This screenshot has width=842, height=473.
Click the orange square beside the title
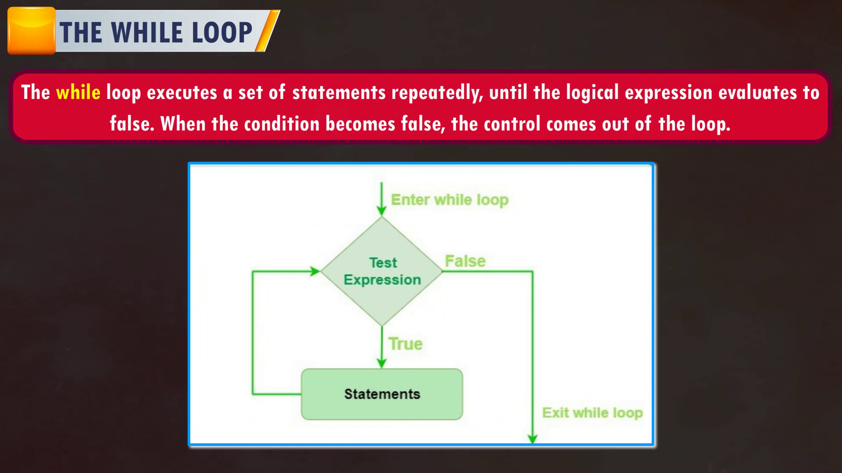[x=32, y=31]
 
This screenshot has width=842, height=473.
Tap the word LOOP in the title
[x=222, y=32]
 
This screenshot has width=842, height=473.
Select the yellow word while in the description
[x=78, y=92]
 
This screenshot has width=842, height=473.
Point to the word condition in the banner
[x=282, y=124]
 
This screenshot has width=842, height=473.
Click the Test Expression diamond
[x=382, y=272]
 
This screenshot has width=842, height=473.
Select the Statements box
[x=382, y=394]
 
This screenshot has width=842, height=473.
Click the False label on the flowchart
[x=465, y=261]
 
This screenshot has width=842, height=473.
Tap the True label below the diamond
[x=406, y=344]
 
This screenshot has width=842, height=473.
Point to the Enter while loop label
[x=450, y=200]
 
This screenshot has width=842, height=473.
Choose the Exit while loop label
[x=592, y=413]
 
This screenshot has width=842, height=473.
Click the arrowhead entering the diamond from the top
[x=382, y=212]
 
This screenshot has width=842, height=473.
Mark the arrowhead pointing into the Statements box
[x=382, y=364]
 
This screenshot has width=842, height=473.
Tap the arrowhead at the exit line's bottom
[x=532, y=438]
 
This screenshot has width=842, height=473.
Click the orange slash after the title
[x=268, y=31]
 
